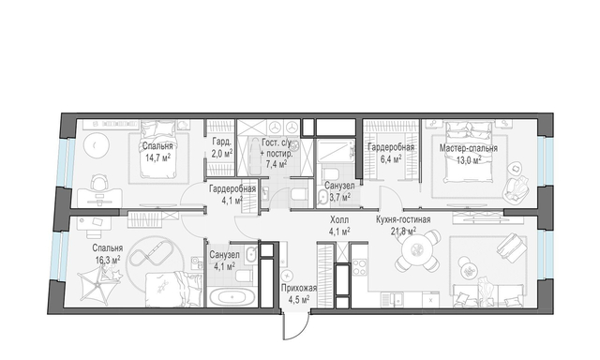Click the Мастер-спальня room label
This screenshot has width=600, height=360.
pyautogui.click(x=468, y=148)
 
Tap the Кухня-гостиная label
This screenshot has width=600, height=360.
pyautogui.click(x=403, y=219)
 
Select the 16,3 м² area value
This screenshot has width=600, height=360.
pyautogui.click(x=108, y=260)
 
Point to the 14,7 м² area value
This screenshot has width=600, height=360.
pyautogui.click(x=157, y=157)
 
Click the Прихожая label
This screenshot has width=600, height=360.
pyautogui.click(x=299, y=288)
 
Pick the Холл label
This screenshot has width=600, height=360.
pyautogui.click(x=339, y=220)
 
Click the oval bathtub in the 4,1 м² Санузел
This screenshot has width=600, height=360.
pyautogui.click(x=232, y=297)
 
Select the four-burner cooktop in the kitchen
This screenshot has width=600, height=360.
pyautogui.click(x=360, y=267)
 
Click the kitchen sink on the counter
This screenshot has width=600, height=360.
pyautogui.click(x=392, y=298)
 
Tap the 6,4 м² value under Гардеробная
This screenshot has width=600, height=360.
pyautogui.click(x=391, y=158)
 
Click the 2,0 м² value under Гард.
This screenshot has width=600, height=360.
pyautogui.click(x=221, y=154)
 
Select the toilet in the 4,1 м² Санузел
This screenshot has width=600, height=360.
pyautogui.click(x=244, y=276)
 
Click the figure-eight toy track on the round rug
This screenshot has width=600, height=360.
pyautogui.click(x=150, y=256)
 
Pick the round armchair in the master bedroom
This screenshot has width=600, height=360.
pyautogui.click(x=517, y=187)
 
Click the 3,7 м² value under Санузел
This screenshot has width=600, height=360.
pyautogui.click(x=339, y=198)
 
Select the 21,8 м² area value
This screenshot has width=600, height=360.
pyautogui.click(x=403, y=231)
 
